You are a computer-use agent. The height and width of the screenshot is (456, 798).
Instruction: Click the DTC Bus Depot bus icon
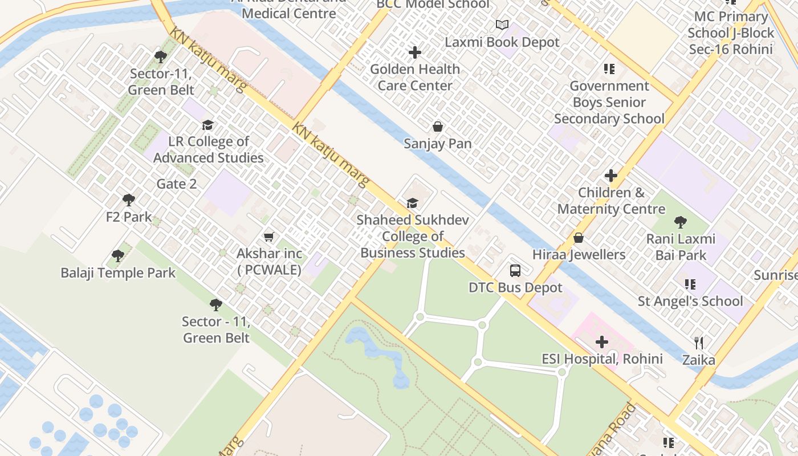pos(515,271)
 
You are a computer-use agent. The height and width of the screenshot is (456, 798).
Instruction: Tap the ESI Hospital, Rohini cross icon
pos(602,342)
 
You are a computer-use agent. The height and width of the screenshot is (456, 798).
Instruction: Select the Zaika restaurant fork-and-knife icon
pos(699,343)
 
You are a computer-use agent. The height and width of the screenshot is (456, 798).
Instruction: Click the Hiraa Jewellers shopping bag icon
pos(579,238)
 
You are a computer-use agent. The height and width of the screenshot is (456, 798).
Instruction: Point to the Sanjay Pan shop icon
pos(438,127)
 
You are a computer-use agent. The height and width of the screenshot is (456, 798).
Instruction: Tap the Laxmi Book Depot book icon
pos(502,25)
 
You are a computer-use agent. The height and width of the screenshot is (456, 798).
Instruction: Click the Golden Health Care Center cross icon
pos(415,52)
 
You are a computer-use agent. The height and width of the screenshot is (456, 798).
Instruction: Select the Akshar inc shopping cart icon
pos(268,237)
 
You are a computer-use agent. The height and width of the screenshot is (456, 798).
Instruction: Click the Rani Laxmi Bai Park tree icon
pos(680,222)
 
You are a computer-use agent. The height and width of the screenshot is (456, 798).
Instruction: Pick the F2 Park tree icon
pos(129,200)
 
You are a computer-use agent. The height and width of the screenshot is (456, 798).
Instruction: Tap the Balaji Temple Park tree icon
pos(118,256)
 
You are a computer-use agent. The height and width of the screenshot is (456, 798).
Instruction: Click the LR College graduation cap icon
pos(208,125)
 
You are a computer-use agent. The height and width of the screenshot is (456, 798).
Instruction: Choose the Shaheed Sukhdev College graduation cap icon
pos(412,203)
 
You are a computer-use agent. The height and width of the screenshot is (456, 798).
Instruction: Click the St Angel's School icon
pos(690,284)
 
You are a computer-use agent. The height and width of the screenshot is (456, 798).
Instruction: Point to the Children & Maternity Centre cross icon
pos(611,176)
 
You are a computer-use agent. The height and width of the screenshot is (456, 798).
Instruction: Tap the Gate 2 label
pos(177,184)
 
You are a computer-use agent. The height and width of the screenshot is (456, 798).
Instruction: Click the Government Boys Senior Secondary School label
pos(609,103)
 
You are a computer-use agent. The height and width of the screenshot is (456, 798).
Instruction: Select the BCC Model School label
pos(433,5)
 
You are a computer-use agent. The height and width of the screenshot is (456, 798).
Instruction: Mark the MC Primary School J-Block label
pos(731,33)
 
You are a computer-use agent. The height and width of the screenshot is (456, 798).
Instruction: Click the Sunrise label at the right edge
pos(775,275)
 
